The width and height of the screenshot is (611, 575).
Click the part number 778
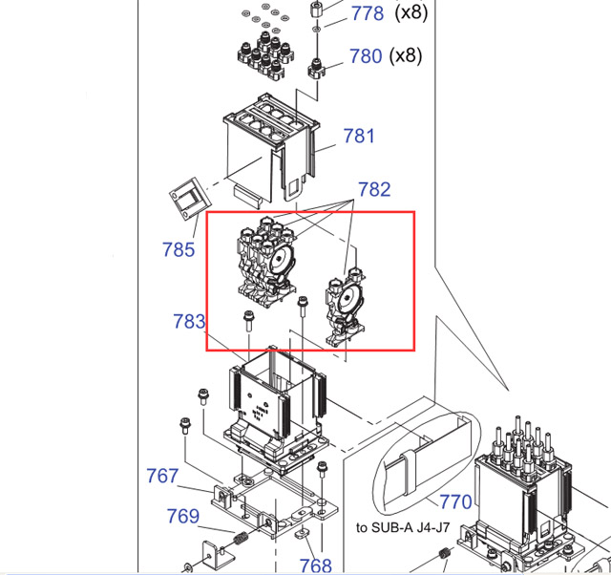click(368, 13)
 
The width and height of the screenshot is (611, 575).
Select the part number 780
click(366, 56)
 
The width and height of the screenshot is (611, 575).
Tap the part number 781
click(359, 136)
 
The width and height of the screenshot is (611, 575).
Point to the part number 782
click(374, 189)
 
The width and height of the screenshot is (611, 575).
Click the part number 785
click(179, 249)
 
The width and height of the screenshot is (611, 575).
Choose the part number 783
click(189, 322)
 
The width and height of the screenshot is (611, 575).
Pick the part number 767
click(162, 476)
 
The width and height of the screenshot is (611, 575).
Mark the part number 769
click(182, 516)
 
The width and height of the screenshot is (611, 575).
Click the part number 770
click(455, 501)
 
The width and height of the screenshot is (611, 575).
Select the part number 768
click(315, 565)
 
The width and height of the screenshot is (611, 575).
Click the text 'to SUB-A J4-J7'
click(403, 528)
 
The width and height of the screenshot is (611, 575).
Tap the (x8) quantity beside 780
click(406, 55)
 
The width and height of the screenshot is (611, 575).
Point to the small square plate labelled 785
click(190, 199)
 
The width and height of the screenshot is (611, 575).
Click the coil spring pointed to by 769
click(242, 539)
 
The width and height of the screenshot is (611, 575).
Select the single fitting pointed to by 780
click(316, 69)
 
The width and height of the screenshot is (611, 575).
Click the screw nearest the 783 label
click(248, 321)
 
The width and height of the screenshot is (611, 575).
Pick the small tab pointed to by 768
click(301, 532)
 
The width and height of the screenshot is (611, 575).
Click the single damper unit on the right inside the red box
click(346, 307)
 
